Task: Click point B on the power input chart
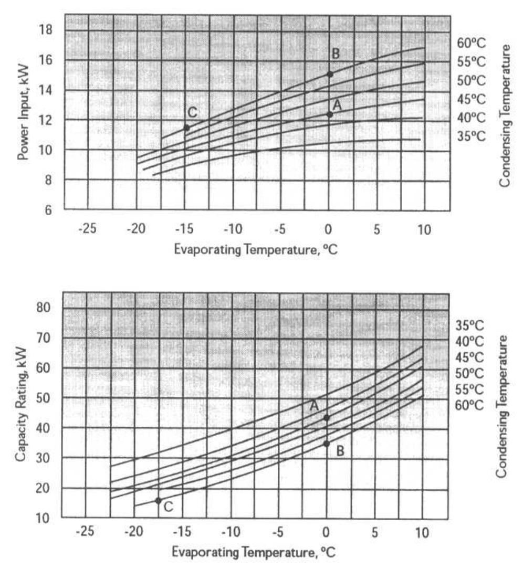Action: pyautogui.click(x=330, y=75)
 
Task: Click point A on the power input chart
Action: pyautogui.click(x=330, y=114)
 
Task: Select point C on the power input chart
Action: pyautogui.click(x=186, y=128)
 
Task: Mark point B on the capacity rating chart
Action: pyautogui.click(x=327, y=444)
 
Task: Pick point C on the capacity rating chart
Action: pyautogui.click(x=158, y=501)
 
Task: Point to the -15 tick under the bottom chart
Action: pyautogui.click(x=182, y=533)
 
